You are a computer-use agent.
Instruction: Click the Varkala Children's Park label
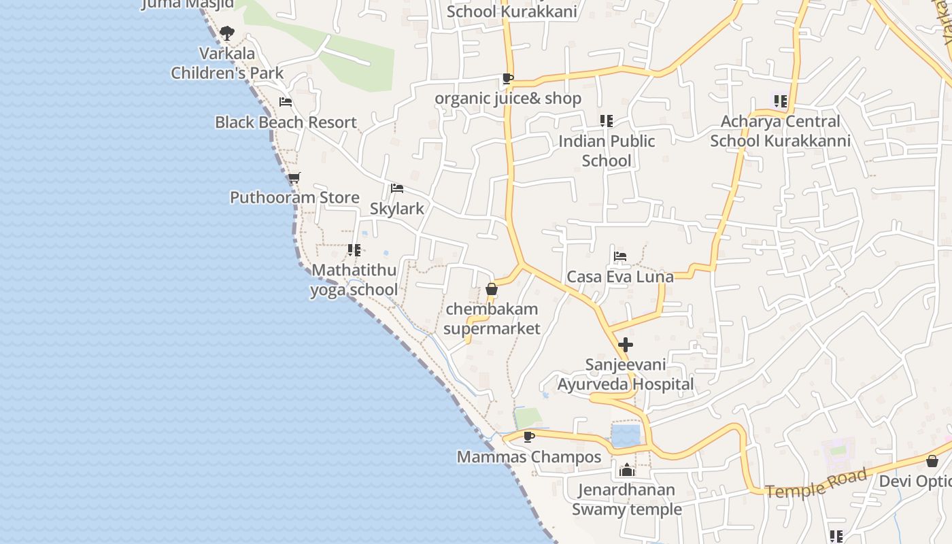coord(227,63)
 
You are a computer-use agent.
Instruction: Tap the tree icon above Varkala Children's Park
coord(227,32)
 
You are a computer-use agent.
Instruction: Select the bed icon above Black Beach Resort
coord(286,102)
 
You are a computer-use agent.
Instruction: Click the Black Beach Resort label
coord(286,122)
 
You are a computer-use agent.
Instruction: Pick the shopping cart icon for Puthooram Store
coord(294,178)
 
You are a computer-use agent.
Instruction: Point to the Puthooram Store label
coord(294,198)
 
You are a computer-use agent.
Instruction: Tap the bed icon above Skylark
coord(397,188)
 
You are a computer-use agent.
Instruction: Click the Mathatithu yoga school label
coord(354,280)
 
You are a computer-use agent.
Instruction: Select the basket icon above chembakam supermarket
coord(492,290)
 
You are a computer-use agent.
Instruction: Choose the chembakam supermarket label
coord(492,319)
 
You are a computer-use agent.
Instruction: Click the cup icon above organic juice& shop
coord(507,79)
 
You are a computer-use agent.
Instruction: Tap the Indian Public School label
coord(607,151)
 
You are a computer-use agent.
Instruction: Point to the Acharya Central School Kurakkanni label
coord(780,131)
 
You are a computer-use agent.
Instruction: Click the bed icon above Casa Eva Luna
coord(619,256)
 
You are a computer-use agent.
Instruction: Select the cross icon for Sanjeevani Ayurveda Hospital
coord(626,345)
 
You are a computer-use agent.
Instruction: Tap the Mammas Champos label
coord(529,457)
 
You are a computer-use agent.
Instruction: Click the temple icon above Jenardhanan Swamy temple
coord(626,470)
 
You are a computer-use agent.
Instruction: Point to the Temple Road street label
coord(817,483)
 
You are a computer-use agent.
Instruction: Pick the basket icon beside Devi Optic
coord(932,461)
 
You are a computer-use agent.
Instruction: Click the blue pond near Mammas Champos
coord(626,435)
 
